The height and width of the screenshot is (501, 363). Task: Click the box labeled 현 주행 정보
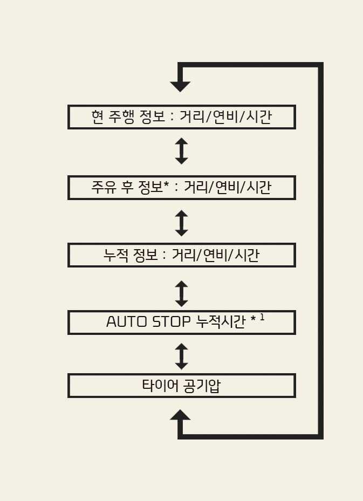click(181, 117)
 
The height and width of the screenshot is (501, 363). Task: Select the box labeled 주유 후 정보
click(181, 188)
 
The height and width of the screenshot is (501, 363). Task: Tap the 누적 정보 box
click(181, 255)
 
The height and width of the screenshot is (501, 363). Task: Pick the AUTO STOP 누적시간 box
click(181, 322)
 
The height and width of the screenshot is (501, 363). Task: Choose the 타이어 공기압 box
click(181, 386)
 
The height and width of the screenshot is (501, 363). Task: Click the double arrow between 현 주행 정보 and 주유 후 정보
click(181, 151)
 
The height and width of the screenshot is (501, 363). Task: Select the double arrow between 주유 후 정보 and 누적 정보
click(181, 223)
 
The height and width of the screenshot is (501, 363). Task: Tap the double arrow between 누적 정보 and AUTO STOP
click(181, 293)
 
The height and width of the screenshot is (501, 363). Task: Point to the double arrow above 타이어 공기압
click(181, 356)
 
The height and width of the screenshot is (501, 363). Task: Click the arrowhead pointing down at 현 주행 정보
click(180, 85)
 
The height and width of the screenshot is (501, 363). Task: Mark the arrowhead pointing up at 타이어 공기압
click(180, 415)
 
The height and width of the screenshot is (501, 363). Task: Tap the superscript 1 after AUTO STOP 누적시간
click(262, 318)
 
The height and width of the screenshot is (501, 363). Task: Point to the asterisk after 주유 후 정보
click(167, 186)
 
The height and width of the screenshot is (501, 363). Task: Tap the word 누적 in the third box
click(114, 255)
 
